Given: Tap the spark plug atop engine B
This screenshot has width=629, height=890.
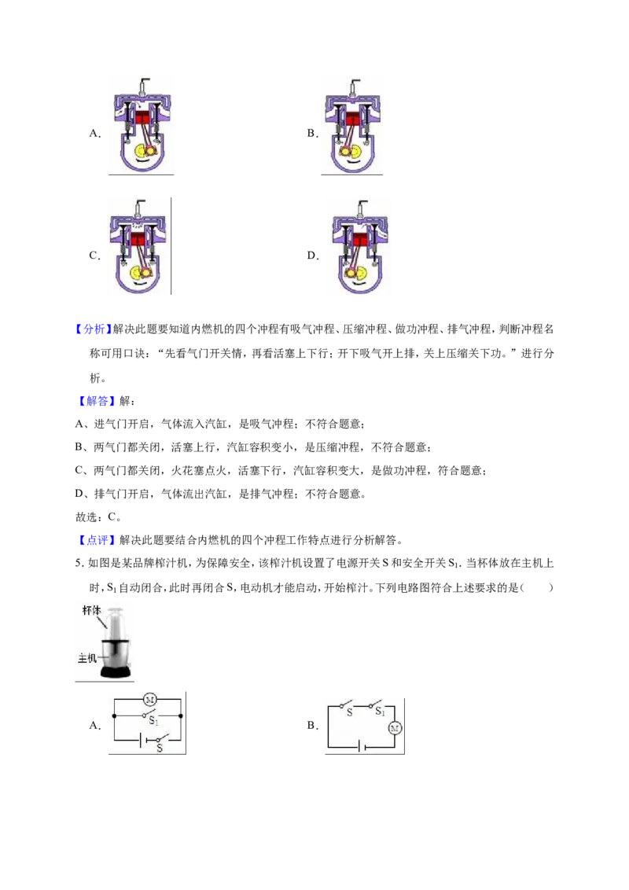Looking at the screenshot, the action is point(355,86).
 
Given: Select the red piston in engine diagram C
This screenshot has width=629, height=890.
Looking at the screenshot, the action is point(138,240).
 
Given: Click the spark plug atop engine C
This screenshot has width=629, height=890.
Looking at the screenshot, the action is point(138,208).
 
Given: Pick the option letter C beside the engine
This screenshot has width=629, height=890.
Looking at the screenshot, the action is point(94,256).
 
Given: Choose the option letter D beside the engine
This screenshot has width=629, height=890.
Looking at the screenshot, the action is point(312,256).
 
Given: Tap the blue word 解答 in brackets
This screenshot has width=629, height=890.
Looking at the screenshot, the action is point(97,401).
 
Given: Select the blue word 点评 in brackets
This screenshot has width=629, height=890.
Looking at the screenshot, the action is point(97,540).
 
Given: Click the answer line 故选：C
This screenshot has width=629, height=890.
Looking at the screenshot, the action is point(98,517).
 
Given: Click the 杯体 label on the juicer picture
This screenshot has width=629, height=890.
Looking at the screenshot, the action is point(91,610).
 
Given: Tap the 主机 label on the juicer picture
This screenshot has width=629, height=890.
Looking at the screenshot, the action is point(86,658).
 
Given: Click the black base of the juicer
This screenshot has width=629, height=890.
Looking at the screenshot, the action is point(116,672).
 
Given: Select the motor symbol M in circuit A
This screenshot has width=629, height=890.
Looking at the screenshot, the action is point(150,700).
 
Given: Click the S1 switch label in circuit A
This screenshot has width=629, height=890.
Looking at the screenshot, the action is point(153,720).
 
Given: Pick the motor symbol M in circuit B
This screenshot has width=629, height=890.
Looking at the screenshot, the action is point(395,728).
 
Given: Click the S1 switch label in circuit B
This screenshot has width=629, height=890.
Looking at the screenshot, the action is point(381,712).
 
